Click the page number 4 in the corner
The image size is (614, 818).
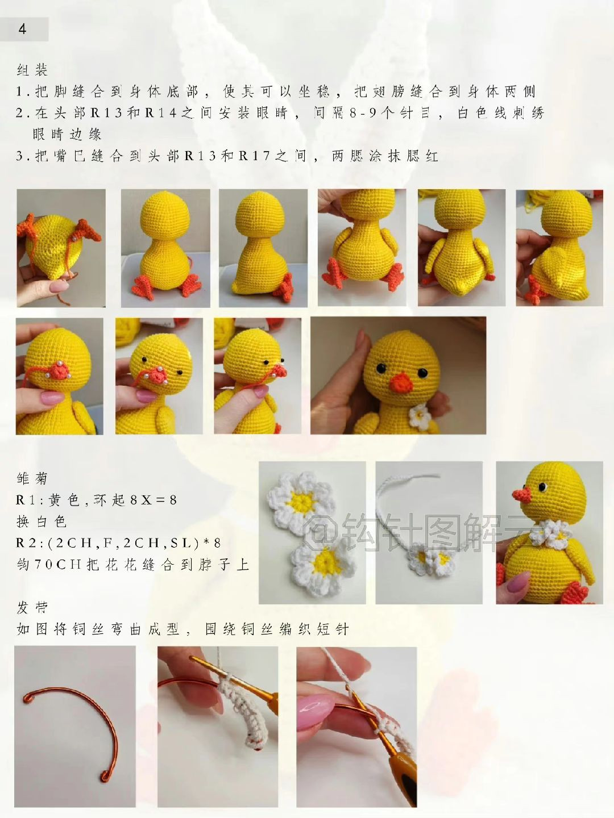point(23,29)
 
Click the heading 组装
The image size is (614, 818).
point(32,70)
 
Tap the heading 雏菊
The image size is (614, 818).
point(32,478)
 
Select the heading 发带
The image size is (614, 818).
point(32,608)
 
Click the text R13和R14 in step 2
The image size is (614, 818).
point(135,113)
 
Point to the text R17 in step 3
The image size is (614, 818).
point(254,156)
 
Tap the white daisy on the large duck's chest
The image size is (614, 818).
point(420,416)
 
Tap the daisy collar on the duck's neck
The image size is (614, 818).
point(549,534)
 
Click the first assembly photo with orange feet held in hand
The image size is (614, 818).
point(61,248)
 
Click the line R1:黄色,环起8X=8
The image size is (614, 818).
point(97,500)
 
